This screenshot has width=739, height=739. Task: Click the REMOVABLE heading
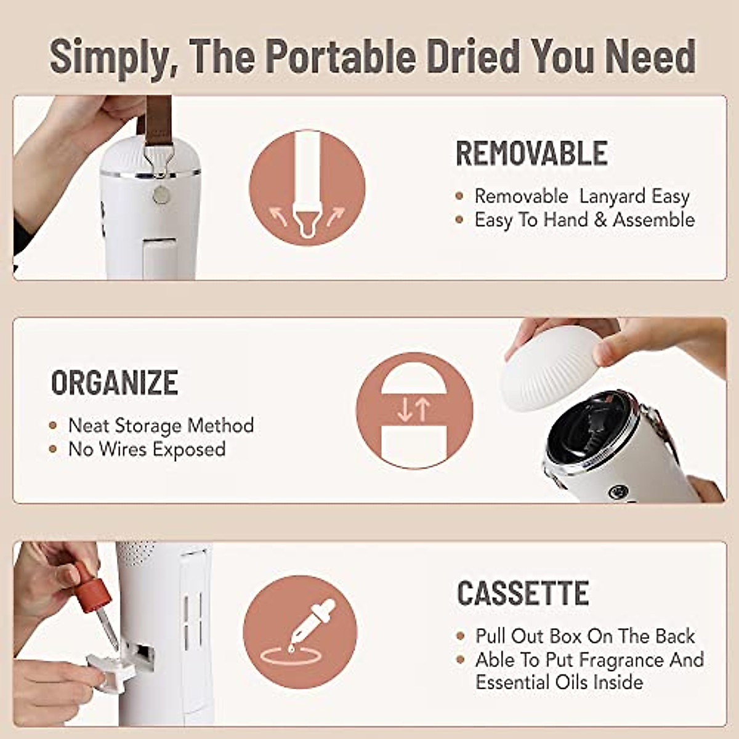[531, 153]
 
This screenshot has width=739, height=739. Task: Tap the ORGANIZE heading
[115, 382]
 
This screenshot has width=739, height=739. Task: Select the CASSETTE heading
[523, 593]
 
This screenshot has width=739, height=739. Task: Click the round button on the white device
[161, 195]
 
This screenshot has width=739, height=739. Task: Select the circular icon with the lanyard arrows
[307, 187]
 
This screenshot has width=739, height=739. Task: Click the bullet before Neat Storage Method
[54, 426]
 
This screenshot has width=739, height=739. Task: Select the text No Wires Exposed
[147, 449]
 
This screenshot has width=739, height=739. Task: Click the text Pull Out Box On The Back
[584, 636]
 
